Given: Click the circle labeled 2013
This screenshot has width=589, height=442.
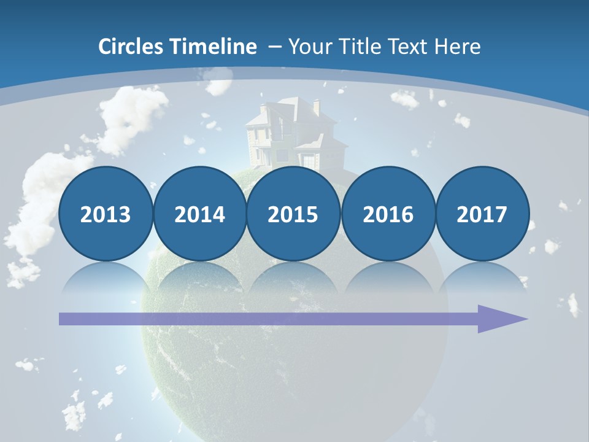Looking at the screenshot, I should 106,214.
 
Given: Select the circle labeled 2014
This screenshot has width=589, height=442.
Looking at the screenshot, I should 199,214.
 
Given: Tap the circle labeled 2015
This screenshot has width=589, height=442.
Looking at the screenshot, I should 293,214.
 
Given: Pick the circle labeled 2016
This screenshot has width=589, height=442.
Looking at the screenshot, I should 388,214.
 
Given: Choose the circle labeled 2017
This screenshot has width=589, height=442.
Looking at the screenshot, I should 482,214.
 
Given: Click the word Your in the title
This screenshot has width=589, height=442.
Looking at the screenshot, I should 307,47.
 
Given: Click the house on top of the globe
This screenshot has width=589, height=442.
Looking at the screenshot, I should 294,135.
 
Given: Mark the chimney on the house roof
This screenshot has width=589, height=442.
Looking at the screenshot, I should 316,106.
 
